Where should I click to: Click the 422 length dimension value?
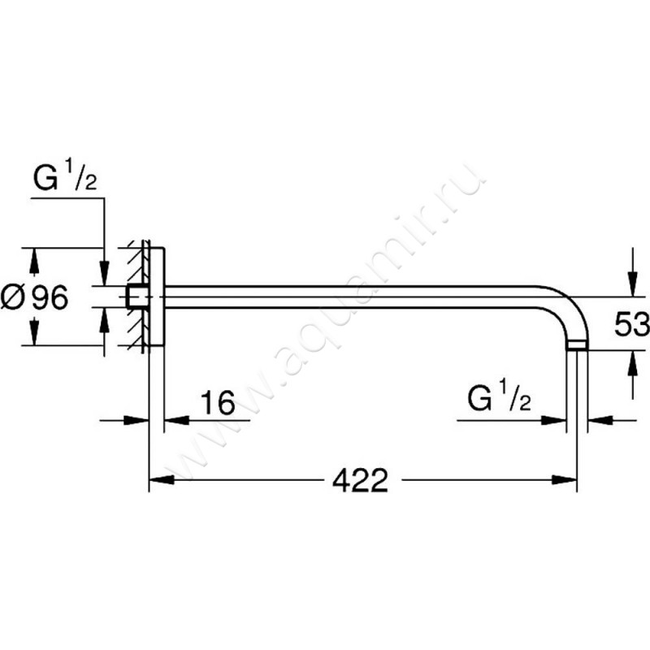point(360,480)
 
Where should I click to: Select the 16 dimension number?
point(218,402)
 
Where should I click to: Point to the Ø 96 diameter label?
point(34,297)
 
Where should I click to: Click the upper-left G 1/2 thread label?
point(65,179)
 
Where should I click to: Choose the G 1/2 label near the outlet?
point(499,398)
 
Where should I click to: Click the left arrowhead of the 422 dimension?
point(161,480)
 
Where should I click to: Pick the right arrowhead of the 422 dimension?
point(565,480)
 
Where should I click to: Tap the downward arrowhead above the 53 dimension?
point(632,284)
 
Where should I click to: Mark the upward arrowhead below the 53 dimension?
point(632,362)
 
